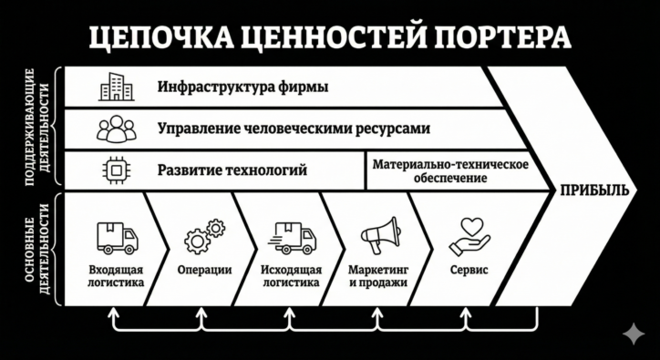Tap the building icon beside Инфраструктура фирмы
(116, 87)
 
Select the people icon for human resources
(116, 129)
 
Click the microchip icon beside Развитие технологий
(116, 170)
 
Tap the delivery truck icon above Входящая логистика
(117, 238)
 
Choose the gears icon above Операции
(203, 236)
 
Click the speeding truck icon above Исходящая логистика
(291, 238)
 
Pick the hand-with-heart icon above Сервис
(469, 235)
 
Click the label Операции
(203, 270)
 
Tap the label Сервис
(469, 270)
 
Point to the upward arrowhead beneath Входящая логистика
(113, 313)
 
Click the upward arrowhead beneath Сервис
(466, 313)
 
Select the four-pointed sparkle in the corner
(632, 334)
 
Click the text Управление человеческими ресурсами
(293, 129)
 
